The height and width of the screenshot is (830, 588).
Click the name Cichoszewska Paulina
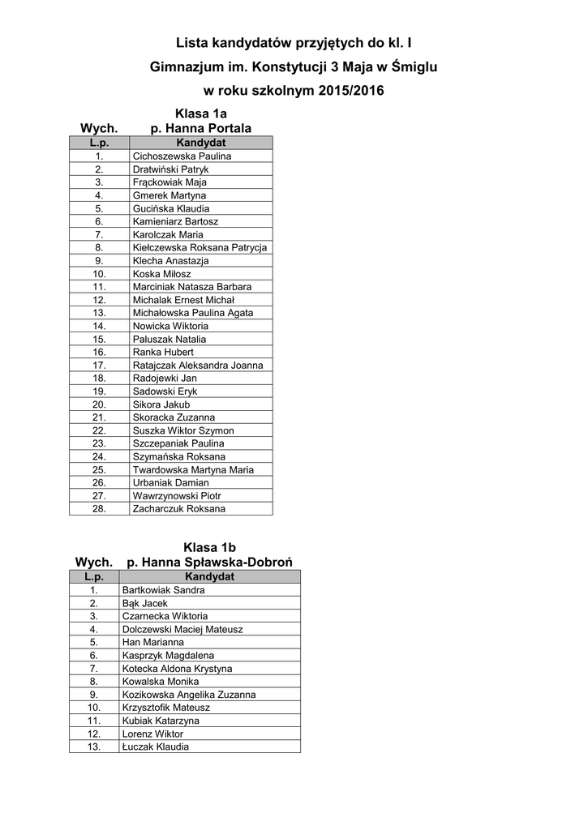tap(182, 156)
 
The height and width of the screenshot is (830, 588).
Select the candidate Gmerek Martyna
tap(169, 195)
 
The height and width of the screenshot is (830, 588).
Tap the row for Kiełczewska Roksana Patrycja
tap(200, 247)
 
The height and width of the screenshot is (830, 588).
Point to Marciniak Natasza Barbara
tap(191, 287)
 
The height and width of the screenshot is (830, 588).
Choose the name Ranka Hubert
tap(163, 352)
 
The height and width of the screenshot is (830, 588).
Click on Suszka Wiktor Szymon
tap(182, 430)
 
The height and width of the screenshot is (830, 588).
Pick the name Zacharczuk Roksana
tap(178, 509)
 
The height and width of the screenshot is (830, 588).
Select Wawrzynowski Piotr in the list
tap(177, 496)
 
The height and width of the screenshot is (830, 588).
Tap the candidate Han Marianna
tap(152, 642)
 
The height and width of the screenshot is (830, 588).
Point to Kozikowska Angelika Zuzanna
tap(188, 695)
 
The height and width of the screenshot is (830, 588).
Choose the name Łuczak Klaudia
tap(155, 747)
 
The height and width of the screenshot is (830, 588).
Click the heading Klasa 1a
tap(201, 113)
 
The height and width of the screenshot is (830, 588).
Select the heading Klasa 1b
tap(209, 547)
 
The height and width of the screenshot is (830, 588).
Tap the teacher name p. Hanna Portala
tap(201, 128)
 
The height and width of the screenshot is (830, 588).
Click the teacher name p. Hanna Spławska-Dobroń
tap(209, 563)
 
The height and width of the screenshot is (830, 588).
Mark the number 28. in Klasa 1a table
tap(100, 509)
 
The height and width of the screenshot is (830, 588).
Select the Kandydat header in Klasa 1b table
tap(209, 576)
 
